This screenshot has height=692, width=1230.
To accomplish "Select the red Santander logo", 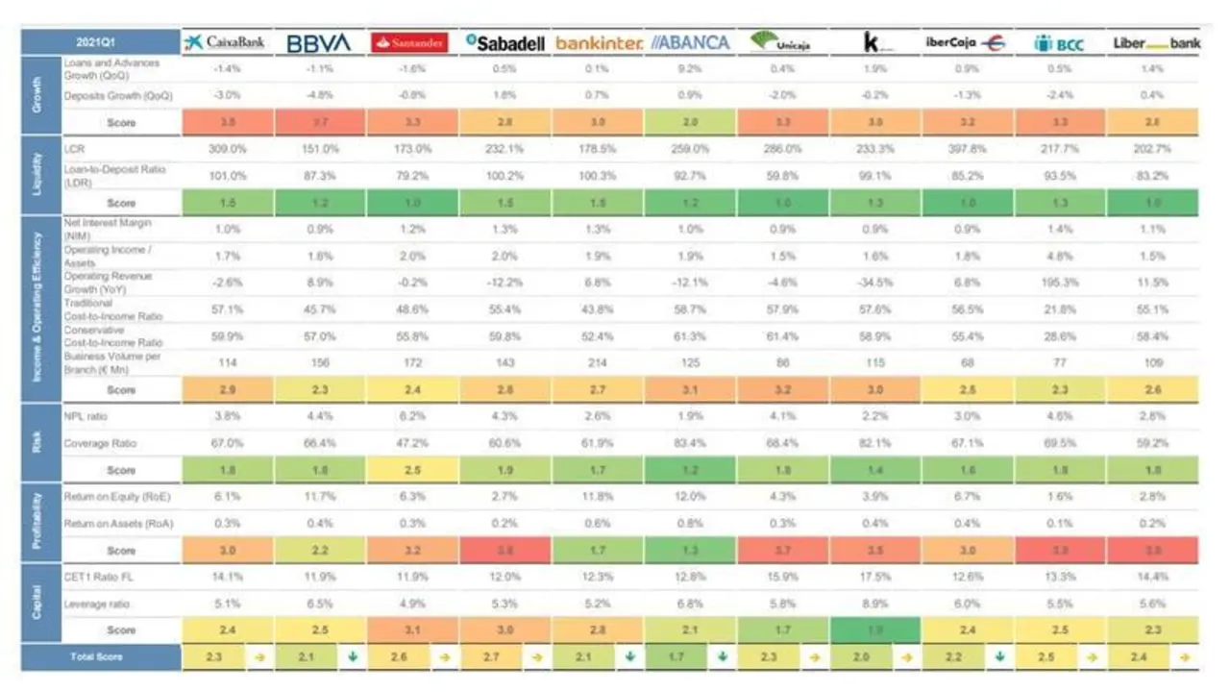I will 410,42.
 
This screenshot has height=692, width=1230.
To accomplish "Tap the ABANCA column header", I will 689,42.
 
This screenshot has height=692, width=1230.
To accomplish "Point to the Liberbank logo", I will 1156,43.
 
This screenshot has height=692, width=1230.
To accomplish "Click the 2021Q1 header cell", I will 100,42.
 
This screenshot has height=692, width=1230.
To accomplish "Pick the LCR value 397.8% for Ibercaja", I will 966,149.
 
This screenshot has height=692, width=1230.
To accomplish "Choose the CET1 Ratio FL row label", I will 95,577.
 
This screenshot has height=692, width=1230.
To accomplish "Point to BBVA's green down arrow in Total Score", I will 353,657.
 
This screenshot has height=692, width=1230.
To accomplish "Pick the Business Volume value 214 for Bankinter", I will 596,363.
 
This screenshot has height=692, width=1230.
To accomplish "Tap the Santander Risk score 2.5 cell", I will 410,470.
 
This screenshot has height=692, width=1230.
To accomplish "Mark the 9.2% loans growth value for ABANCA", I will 688,69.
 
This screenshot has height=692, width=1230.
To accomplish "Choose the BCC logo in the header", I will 1058,43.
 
